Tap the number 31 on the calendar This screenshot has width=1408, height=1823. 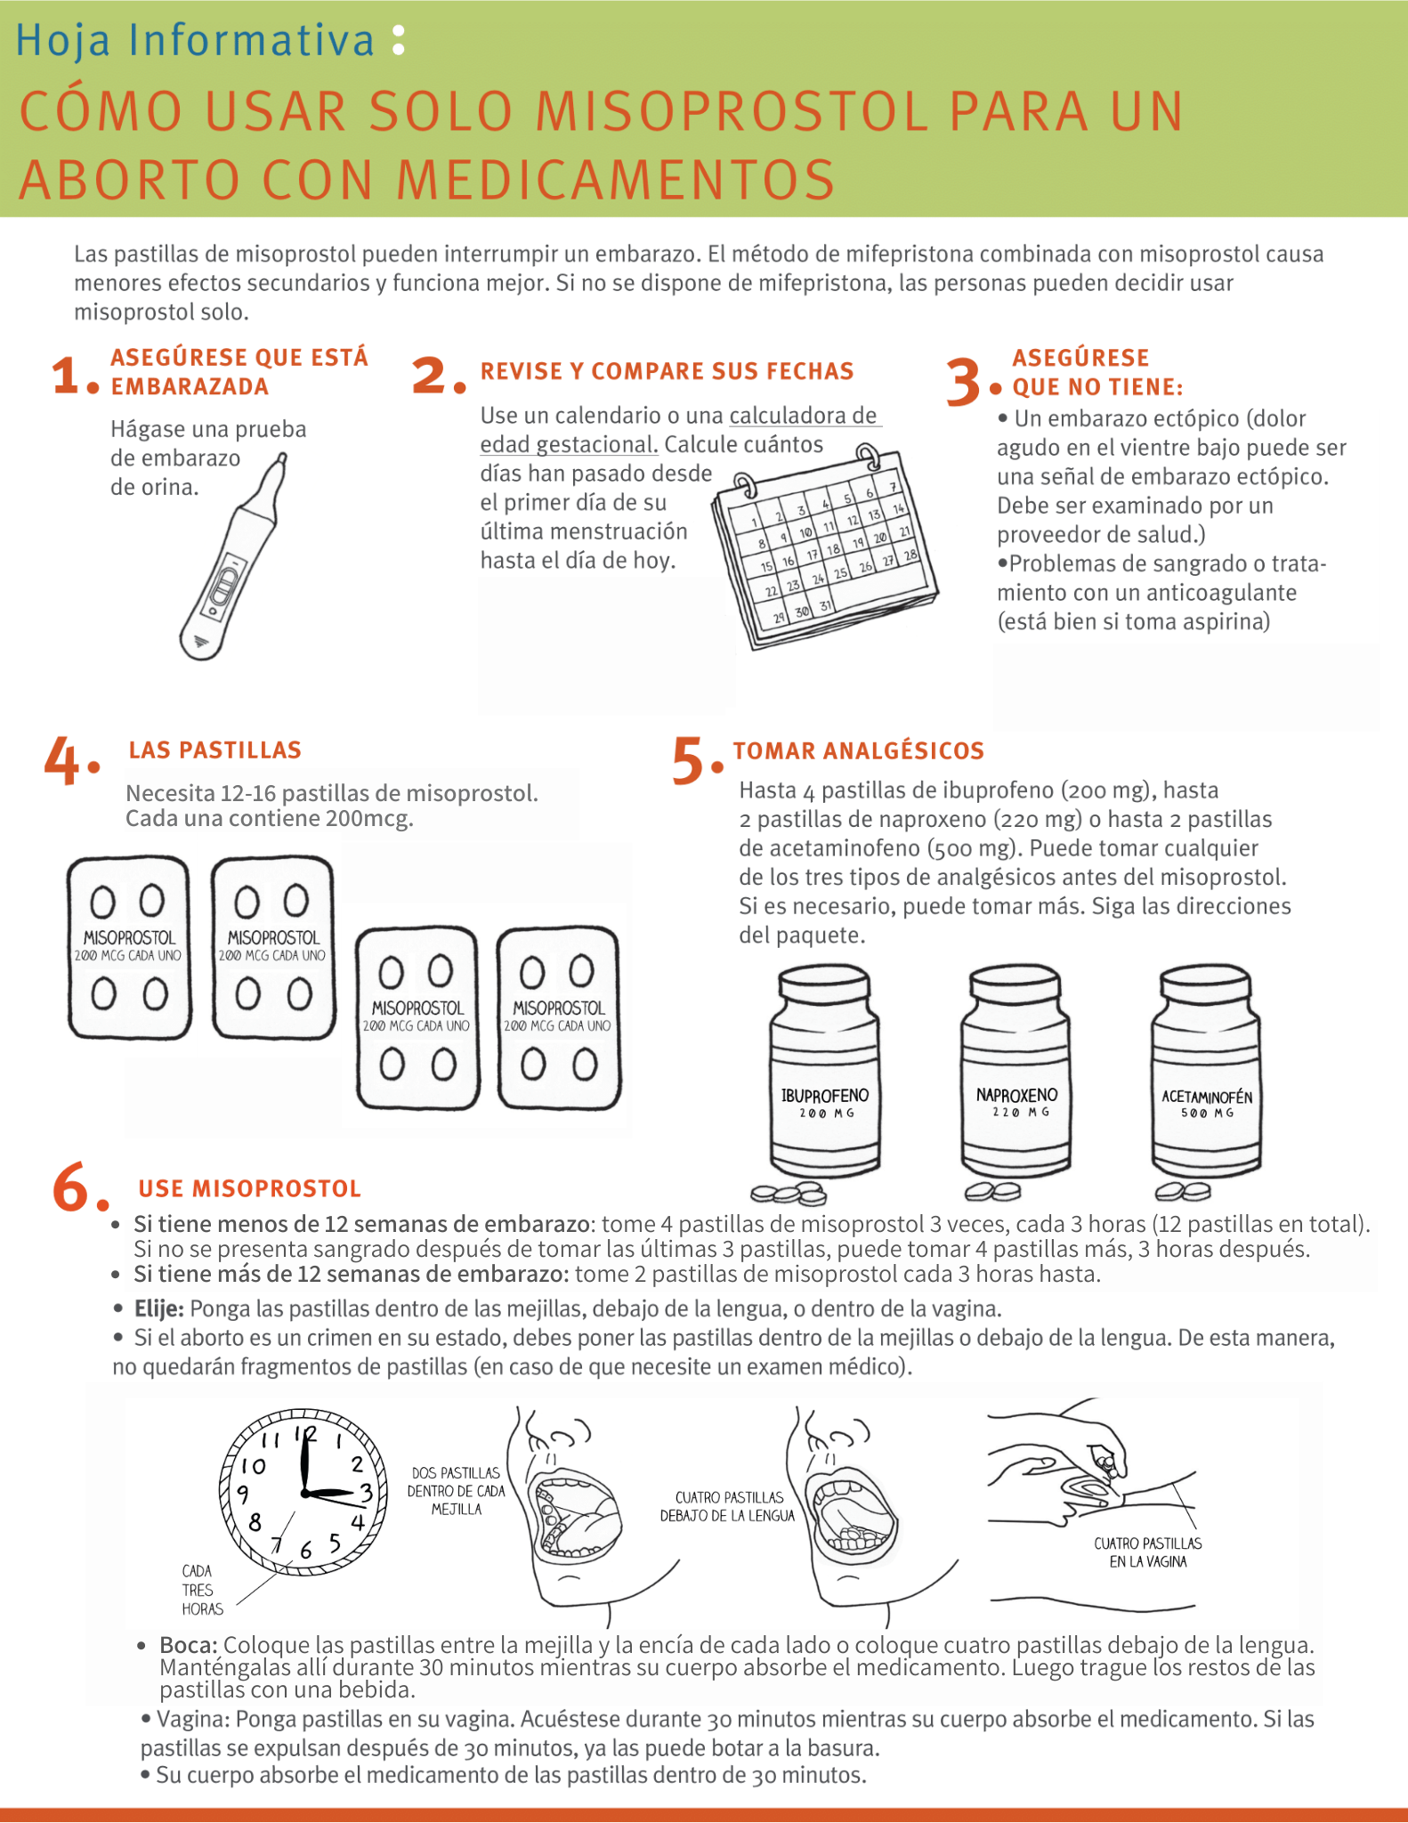826,606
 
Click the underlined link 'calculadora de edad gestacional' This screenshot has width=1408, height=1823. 681,430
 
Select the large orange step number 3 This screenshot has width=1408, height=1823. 963,382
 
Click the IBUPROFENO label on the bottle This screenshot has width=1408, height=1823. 824,1096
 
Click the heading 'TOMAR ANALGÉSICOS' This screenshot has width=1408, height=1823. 858,751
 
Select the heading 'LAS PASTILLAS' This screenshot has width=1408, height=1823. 214,750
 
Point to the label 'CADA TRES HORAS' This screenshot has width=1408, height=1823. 201,1590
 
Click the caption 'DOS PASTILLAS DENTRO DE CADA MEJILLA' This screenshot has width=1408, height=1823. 456,1491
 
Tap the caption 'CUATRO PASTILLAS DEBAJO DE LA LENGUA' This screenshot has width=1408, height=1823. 727,1507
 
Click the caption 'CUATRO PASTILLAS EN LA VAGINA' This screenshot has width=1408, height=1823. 1147,1552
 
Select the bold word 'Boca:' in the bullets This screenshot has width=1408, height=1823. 189,1645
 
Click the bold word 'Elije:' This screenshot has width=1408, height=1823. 158,1309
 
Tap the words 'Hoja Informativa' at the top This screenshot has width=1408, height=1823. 196,41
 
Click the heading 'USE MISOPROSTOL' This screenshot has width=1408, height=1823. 249,1189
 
